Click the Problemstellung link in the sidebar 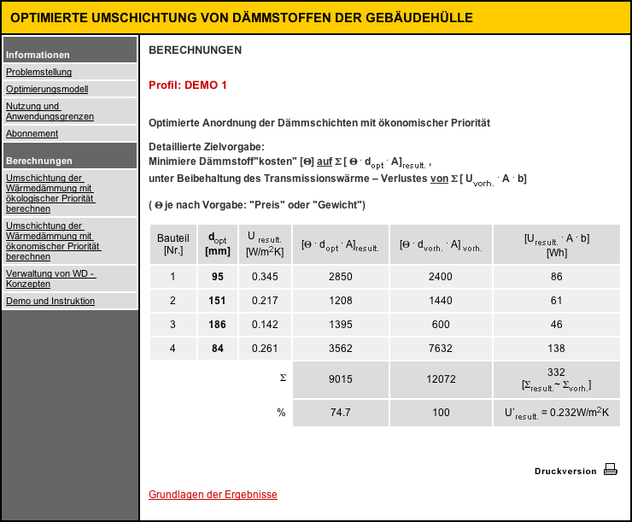[x=38, y=72]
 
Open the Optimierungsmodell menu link [x=47, y=89]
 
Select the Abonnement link [x=32, y=133]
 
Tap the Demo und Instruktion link [x=50, y=301]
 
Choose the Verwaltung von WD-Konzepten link [x=50, y=279]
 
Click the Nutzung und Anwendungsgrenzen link [x=50, y=111]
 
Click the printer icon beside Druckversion [x=610, y=469]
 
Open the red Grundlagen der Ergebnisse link [x=213, y=495]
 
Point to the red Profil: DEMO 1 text [x=188, y=85]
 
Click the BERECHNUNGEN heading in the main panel [x=195, y=50]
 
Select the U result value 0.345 [x=265, y=277]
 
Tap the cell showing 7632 [x=442, y=349]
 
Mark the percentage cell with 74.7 [x=340, y=412]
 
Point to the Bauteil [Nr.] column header [x=173, y=243]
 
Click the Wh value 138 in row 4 [x=556, y=349]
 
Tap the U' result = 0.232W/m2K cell [x=556, y=412]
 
